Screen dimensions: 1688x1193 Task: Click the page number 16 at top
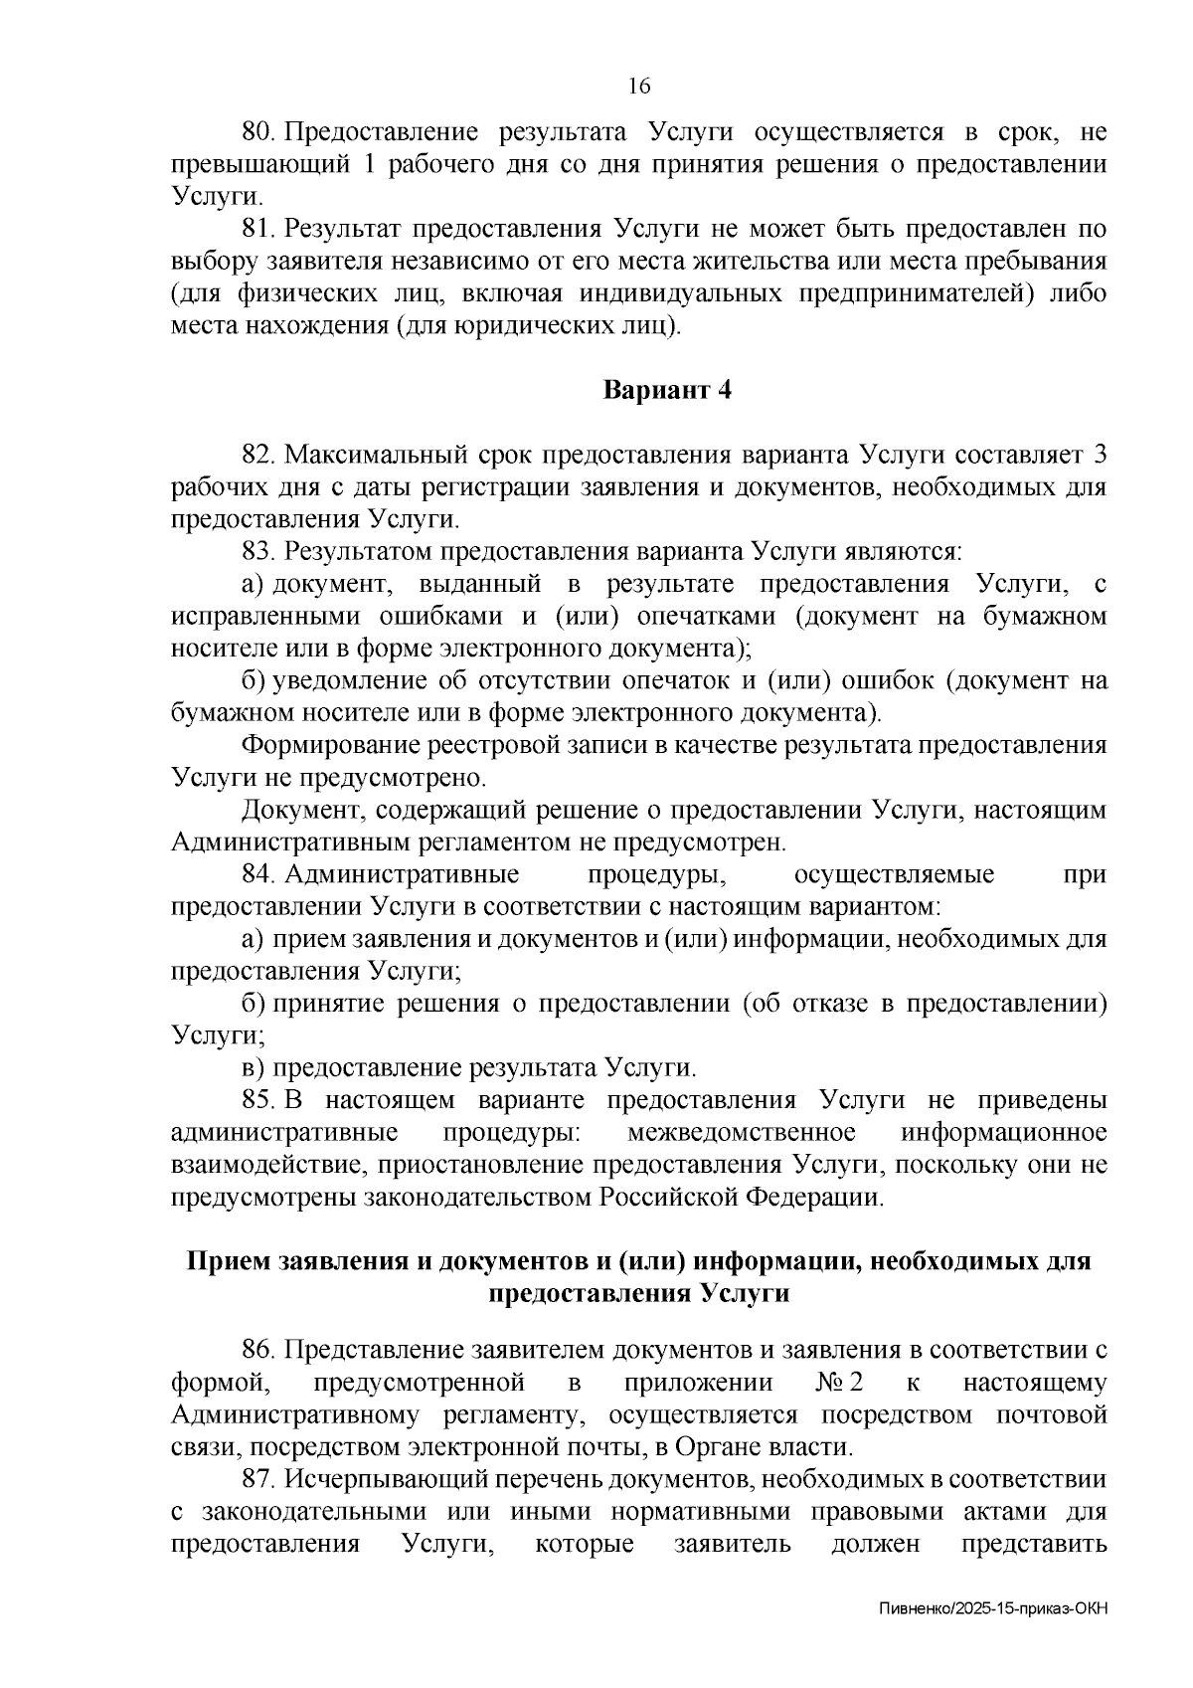[x=639, y=87]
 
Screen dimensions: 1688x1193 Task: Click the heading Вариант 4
[x=668, y=390]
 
